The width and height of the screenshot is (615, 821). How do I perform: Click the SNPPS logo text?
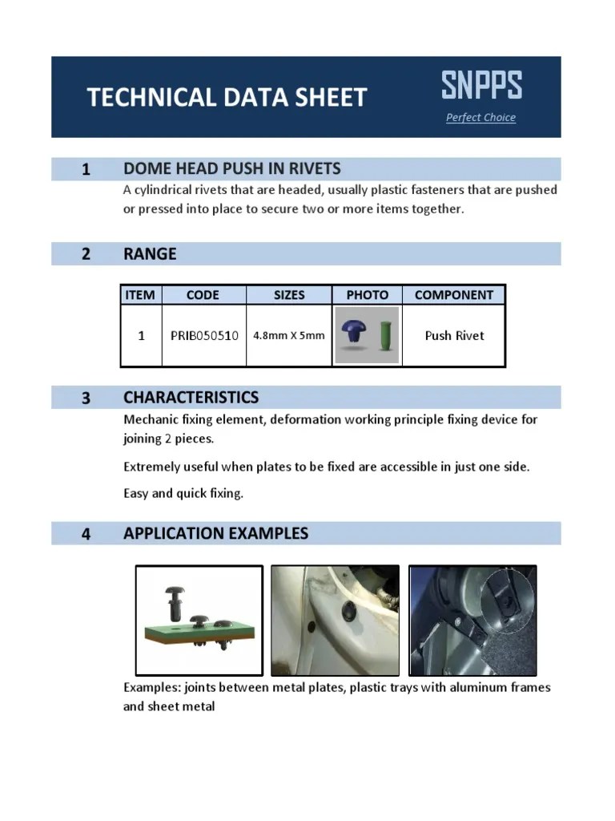[481, 85]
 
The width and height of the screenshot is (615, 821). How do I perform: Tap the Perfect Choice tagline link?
[480, 118]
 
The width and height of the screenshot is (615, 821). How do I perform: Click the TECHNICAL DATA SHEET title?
[227, 98]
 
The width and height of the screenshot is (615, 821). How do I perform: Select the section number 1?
[85, 169]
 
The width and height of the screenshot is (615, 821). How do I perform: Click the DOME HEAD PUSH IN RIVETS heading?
[231, 168]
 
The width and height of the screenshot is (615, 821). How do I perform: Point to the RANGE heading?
[150, 254]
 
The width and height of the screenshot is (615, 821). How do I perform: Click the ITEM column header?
[140, 295]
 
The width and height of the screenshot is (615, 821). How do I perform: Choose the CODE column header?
[203, 295]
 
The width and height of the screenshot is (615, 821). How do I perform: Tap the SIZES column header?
[289, 295]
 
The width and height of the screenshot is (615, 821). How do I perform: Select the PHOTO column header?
[367, 295]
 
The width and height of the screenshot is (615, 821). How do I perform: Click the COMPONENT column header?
[454, 295]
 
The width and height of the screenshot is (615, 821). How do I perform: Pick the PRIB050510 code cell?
[204, 336]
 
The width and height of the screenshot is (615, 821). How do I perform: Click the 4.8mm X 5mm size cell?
[289, 336]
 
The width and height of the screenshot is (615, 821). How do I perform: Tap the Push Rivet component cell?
[454, 336]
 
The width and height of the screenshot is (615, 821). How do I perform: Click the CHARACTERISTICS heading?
[191, 398]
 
